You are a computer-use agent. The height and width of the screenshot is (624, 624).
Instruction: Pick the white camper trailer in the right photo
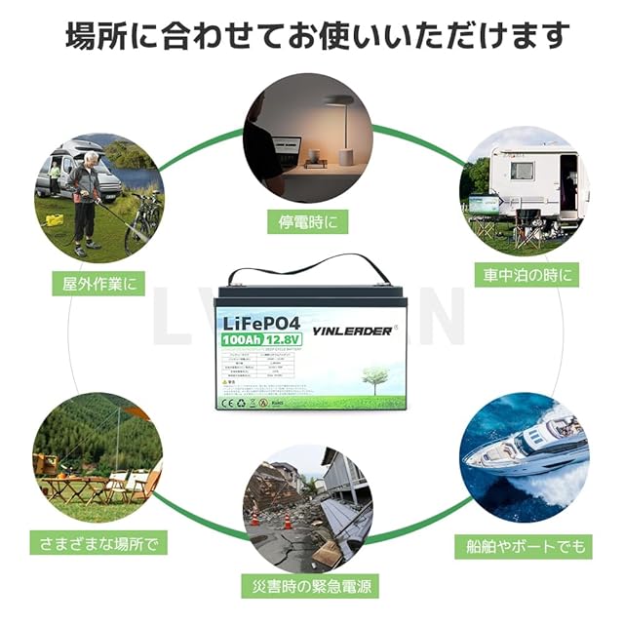[526, 180]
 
